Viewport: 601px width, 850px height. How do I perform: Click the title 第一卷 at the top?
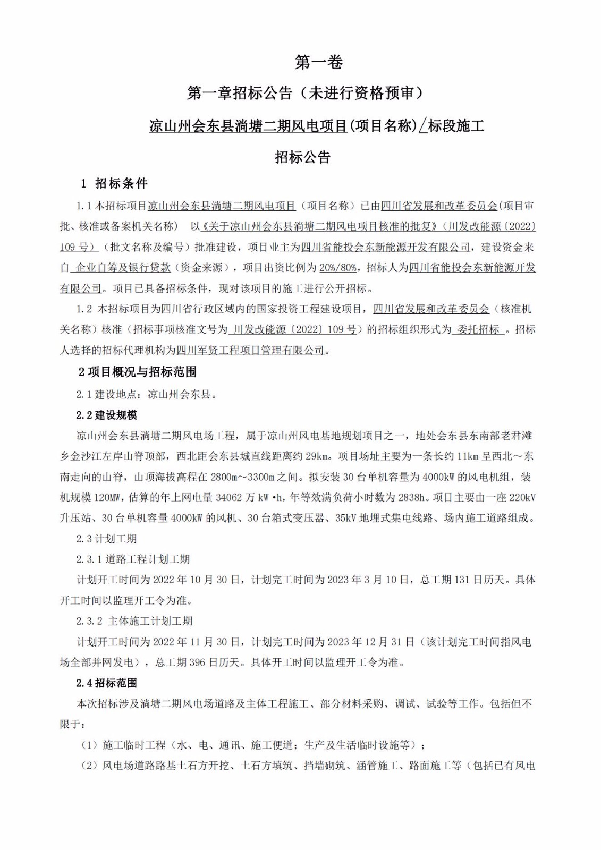coord(319,63)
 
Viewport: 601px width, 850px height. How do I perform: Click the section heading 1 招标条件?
coord(114,184)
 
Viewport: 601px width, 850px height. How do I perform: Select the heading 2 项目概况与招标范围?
coord(138,372)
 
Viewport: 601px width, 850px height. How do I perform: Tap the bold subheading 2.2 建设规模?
coord(107,415)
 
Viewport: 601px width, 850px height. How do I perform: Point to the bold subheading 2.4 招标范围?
coord(107,683)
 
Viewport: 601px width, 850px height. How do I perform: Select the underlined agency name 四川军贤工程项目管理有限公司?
coord(250,350)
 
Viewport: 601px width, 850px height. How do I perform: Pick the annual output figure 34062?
coord(230,498)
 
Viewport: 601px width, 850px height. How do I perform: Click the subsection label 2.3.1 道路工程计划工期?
coord(133,559)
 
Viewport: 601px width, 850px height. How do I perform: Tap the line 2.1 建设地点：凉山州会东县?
coord(146,394)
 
